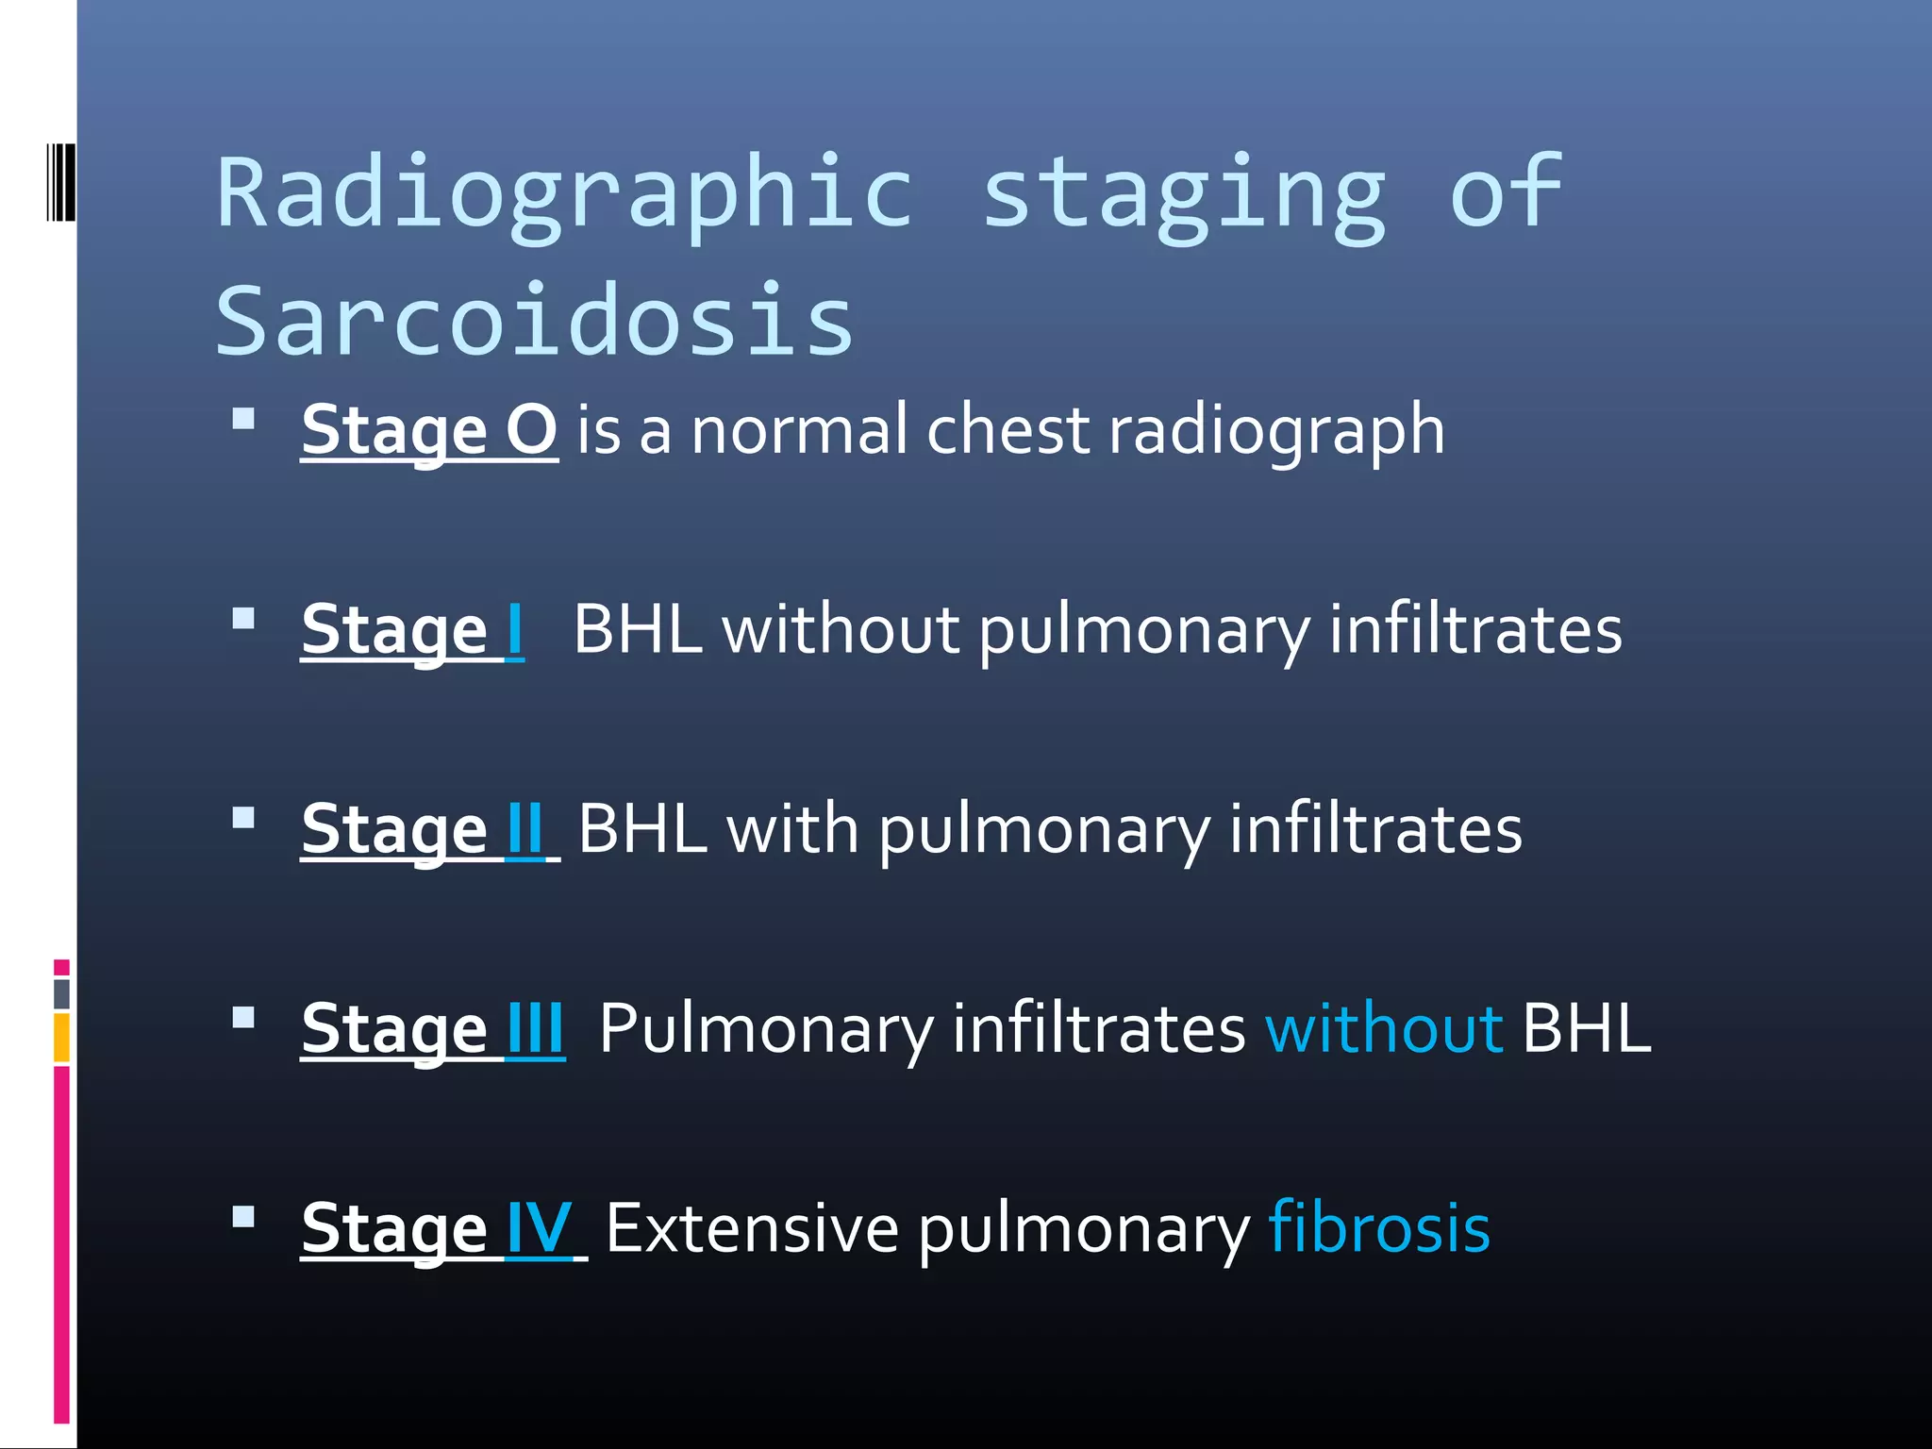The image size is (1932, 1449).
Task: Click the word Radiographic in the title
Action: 564,193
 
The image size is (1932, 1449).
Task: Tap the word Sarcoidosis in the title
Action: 535,321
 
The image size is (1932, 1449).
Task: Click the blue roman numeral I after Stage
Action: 514,630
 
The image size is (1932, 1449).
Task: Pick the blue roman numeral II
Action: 525,829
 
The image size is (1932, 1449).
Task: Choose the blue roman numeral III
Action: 535,1028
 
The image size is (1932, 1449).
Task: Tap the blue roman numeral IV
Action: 539,1228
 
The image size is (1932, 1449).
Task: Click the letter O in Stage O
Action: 531,430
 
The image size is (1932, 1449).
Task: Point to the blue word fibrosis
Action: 1379,1228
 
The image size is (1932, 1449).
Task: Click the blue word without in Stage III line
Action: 1384,1028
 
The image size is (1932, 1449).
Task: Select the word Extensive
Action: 752,1228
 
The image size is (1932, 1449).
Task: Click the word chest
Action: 1008,430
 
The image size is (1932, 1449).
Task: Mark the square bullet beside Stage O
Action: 243,418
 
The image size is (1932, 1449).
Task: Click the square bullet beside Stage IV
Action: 243,1216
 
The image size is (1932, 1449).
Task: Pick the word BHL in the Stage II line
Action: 642,829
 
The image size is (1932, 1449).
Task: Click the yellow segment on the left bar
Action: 61,1037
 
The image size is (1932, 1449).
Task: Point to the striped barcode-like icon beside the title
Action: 61,182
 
